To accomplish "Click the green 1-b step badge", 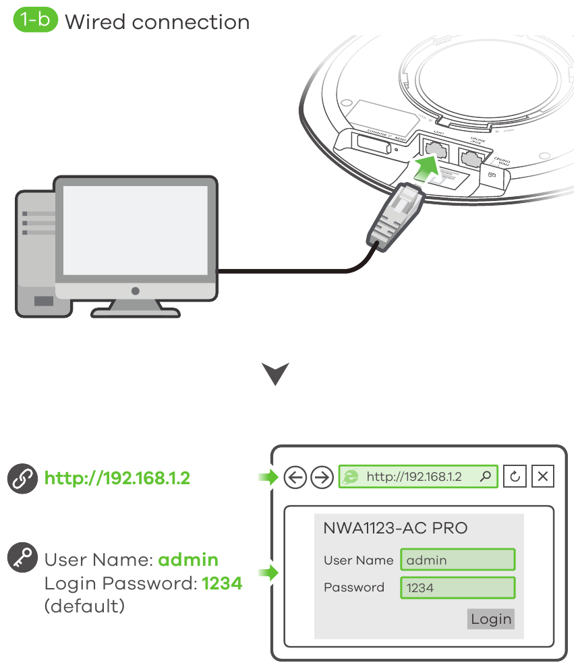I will pyautogui.click(x=35, y=21).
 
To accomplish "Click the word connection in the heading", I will pyautogui.click(x=191, y=22).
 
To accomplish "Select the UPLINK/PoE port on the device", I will pyautogui.click(x=471, y=157).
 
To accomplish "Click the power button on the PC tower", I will pyautogui.click(x=45, y=300).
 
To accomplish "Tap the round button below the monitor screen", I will pyautogui.click(x=136, y=291).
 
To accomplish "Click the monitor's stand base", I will pyautogui.click(x=136, y=310).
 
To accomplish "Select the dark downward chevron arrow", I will pyautogui.click(x=275, y=374).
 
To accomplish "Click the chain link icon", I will pyautogui.click(x=23, y=478).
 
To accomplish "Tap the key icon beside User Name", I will pyautogui.click(x=23, y=559).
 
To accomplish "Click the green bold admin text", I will pyautogui.click(x=188, y=560).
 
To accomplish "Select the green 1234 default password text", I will pyautogui.click(x=222, y=583).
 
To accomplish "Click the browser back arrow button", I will pyautogui.click(x=295, y=477).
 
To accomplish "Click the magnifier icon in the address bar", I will pyautogui.click(x=485, y=477).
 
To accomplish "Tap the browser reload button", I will pyautogui.click(x=515, y=477).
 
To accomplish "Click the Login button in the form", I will pyautogui.click(x=490, y=619).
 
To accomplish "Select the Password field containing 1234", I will pyautogui.click(x=457, y=587).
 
